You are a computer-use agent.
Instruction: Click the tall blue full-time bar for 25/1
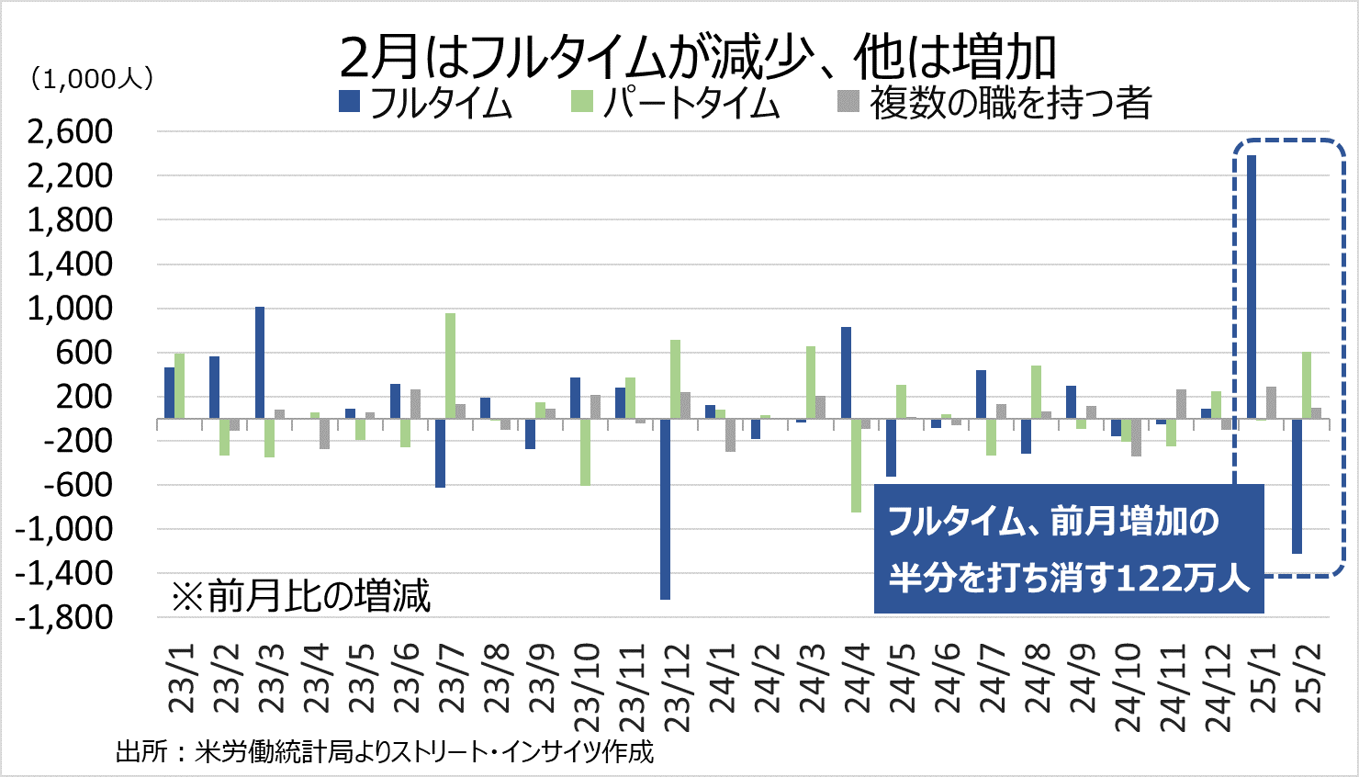pyautogui.click(x=1252, y=287)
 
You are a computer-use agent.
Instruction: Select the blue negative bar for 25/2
pyautogui.click(x=1297, y=486)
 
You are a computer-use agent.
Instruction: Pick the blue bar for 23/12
pyautogui.click(x=665, y=509)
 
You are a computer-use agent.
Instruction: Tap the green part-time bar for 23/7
pyautogui.click(x=450, y=366)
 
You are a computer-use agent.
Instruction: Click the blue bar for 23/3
pyautogui.click(x=260, y=363)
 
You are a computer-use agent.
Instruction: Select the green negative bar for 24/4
pyautogui.click(x=856, y=465)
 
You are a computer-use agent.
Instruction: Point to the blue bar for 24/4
pyautogui.click(x=846, y=373)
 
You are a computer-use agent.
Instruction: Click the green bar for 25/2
pyautogui.click(x=1307, y=385)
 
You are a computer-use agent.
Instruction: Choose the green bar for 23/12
pyautogui.click(x=675, y=379)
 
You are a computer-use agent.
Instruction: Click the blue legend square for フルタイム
pyautogui.click(x=349, y=101)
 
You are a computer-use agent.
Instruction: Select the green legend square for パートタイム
pyautogui.click(x=581, y=101)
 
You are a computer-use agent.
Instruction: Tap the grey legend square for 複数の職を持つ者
pyautogui.click(x=848, y=101)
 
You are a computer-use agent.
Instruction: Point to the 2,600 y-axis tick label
pyautogui.click(x=70, y=131)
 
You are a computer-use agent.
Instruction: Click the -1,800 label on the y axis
pyautogui.click(x=64, y=617)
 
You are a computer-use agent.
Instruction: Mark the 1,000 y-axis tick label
pyautogui.click(x=70, y=308)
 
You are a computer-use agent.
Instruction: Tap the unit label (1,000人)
pyautogui.click(x=92, y=79)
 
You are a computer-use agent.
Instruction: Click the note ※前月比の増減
pyautogui.click(x=300, y=596)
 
